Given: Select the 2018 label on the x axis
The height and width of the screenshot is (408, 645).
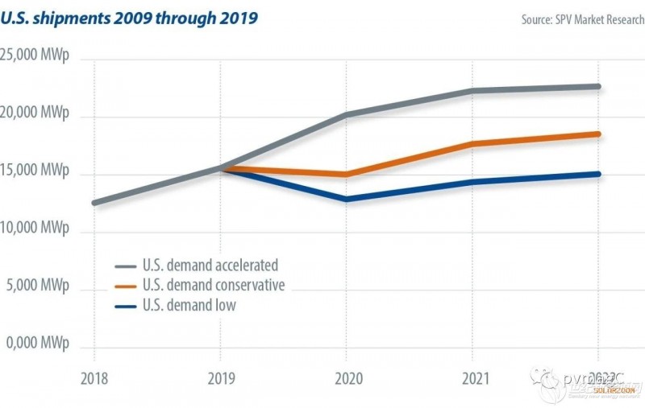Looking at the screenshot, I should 94,377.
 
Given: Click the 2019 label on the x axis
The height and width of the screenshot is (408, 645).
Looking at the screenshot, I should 220,377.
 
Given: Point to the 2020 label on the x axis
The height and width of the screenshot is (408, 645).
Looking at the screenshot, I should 346,377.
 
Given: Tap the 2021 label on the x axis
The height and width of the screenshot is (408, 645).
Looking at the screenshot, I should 472,377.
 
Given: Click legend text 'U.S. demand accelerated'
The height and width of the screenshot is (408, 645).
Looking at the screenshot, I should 210,265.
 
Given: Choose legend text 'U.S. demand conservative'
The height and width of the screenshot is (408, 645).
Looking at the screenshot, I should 214,285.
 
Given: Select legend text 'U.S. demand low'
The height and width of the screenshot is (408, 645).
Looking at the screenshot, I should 188,305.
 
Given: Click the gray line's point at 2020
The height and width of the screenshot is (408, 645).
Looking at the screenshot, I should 346,114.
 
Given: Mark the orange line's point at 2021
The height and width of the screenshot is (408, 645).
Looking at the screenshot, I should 472,144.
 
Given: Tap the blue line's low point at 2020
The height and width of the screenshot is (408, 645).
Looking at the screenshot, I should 346,199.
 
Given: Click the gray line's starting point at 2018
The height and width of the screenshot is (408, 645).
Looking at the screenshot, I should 94,203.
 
